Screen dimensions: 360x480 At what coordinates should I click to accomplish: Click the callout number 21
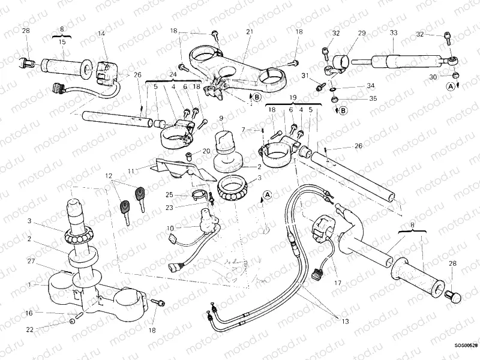(250, 31)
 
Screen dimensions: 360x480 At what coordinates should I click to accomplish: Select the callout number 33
(393, 34)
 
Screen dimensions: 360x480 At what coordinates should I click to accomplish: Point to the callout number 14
(100, 34)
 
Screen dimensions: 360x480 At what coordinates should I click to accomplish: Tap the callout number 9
(221, 118)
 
